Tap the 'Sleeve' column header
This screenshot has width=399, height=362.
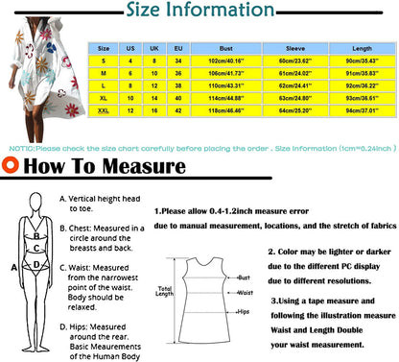pos(290,46)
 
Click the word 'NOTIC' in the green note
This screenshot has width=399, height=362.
pos(21,149)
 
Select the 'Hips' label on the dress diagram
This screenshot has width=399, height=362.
pos(246,312)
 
